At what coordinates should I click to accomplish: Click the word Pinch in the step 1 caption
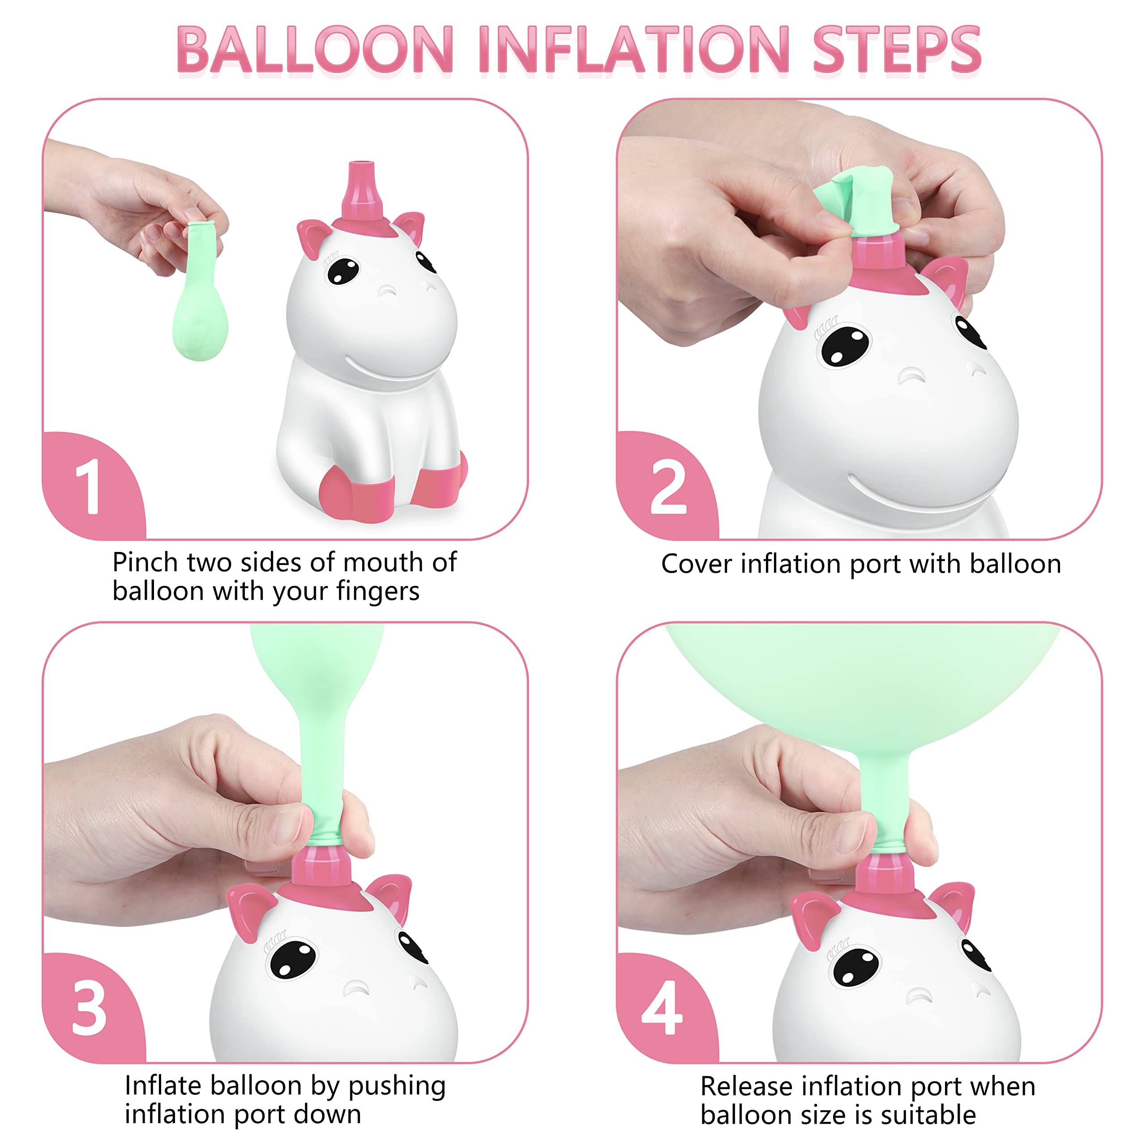(145, 562)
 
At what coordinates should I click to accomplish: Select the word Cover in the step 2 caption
(697, 564)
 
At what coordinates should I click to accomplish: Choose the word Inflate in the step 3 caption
(163, 1086)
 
